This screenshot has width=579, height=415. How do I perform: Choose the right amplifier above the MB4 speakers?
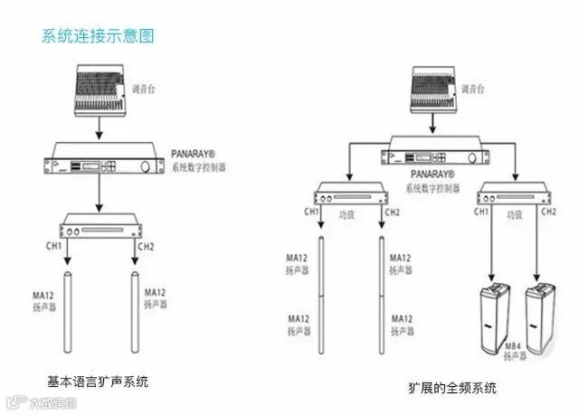[511, 195]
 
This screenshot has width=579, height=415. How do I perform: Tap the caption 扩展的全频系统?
[452, 389]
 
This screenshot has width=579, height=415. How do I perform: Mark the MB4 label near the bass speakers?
[513, 345]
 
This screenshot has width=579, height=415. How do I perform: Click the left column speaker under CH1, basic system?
[68, 313]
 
